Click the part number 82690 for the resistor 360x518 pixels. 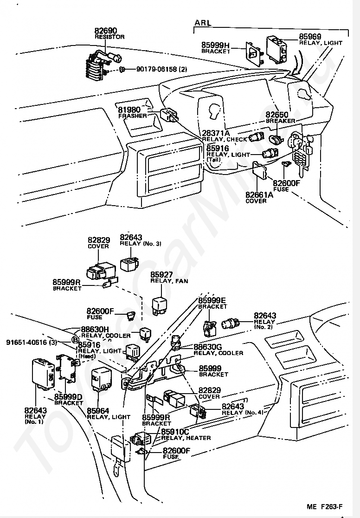(106, 30)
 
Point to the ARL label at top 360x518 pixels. (203, 22)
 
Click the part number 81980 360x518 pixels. (130, 110)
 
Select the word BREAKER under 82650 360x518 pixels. (280, 121)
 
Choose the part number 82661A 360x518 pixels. (259, 195)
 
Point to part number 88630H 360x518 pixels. (95, 330)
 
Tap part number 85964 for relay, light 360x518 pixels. (98, 410)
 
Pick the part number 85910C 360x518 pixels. (175, 432)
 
